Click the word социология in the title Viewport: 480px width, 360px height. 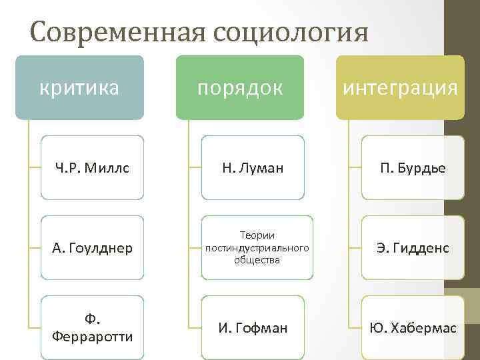pos(291,32)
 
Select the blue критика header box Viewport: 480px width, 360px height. pos(79,87)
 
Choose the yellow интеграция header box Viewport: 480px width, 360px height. pos(400,87)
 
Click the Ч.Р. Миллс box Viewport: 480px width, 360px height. pos(92,168)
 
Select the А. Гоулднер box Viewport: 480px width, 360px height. pos(92,248)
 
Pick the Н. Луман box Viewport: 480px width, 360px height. pos(253,168)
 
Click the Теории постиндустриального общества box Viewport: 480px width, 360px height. pos(257,248)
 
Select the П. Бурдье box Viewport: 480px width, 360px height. pos(413,168)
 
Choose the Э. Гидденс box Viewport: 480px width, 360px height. pos(413,248)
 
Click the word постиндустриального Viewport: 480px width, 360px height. pos(257,248)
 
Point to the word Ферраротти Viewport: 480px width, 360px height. pos(92,335)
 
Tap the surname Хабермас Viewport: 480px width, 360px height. pos(423,327)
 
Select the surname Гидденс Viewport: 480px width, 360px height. pos(422,248)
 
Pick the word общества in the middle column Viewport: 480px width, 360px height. pos(257,260)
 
